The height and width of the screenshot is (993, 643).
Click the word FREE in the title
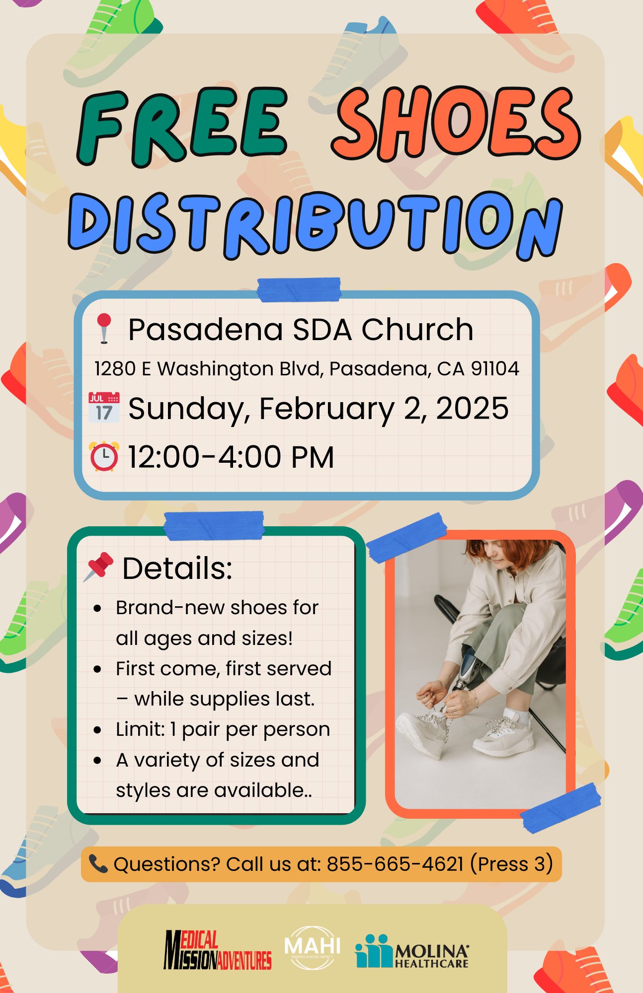pos(182,127)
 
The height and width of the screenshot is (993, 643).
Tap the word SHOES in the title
pos(456,123)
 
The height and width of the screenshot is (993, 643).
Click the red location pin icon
pos(104,328)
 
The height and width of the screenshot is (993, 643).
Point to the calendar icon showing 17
pos(104,407)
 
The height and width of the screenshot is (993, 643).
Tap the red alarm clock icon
pos(104,456)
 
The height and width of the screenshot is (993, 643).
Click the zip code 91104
pos(495,368)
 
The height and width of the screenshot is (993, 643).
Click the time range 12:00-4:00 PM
pos(231,457)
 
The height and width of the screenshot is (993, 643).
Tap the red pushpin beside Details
pos(98,567)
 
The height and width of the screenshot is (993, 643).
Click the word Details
pos(177,568)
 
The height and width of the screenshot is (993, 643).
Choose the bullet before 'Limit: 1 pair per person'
pos(97,730)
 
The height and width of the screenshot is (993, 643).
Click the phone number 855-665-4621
pos(395,864)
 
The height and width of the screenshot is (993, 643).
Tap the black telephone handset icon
pos(98,864)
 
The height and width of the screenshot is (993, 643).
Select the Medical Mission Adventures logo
pos(218,950)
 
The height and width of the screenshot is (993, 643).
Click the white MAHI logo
pos(312,947)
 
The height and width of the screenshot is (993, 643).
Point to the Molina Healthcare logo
pos(412,951)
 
